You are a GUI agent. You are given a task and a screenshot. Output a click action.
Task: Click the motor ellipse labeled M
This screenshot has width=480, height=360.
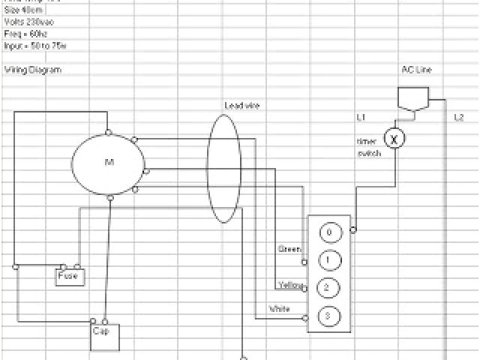pos(107,163)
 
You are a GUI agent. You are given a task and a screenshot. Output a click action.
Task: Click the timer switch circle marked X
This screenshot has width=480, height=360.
pos(394,138)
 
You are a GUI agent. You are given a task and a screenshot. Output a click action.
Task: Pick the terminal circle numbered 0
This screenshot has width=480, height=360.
pos(329,232)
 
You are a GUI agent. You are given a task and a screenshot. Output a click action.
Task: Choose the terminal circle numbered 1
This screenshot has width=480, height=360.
pos(329,260)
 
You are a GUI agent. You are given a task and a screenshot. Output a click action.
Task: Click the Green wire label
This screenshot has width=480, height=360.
pos(289,248)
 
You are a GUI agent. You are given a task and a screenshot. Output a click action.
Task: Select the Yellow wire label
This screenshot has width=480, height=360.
pos(289,285)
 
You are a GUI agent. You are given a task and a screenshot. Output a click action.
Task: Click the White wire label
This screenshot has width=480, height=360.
pos(279,309)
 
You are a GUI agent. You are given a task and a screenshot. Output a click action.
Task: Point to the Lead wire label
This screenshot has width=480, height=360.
pos(241,106)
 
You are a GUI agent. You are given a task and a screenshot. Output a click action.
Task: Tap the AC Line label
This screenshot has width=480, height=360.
pos(416,70)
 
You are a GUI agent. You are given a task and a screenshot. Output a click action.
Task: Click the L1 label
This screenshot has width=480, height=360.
pos(361,118)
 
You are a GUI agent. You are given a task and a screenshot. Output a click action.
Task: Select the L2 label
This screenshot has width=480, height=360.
pos(459,118)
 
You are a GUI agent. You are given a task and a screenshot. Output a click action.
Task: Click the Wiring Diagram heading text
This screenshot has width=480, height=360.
pos(32,70)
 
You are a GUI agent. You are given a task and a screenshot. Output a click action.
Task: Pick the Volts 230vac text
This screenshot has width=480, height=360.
pos(28,22)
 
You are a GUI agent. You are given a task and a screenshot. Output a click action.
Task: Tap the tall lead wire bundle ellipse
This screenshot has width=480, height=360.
pos(223,169)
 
